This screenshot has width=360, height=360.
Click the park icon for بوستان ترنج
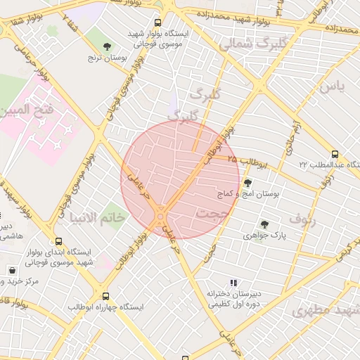point(107,46)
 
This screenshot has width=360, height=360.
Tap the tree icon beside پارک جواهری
point(264,224)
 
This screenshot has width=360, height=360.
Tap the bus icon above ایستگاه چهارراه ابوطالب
point(106,296)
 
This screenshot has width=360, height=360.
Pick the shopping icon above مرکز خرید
point(13,270)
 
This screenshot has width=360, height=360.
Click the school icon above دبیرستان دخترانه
point(233,283)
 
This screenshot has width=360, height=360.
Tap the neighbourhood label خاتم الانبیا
point(96,217)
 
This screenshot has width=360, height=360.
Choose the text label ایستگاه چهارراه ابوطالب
point(106,308)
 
